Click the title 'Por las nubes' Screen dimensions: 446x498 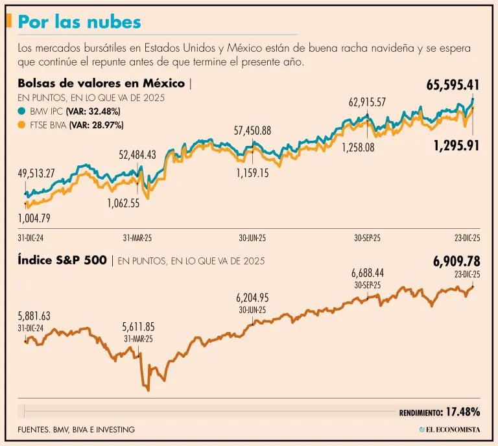pyautogui.click(x=79, y=22)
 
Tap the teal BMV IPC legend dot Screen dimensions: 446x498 pyautogui.click(x=23, y=111)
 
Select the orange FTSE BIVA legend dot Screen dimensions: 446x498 pyautogui.click(x=23, y=124)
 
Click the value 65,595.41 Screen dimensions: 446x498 pyautogui.click(x=453, y=85)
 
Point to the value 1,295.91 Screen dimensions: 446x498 pyautogui.click(x=456, y=146)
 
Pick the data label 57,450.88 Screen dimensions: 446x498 pyautogui.click(x=252, y=131)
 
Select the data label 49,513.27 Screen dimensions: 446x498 pyautogui.click(x=45, y=174)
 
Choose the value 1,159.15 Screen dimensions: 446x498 pyautogui.click(x=252, y=174)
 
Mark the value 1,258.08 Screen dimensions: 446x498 pyautogui.click(x=358, y=147)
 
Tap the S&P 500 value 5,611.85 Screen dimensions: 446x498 pyautogui.click(x=138, y=327)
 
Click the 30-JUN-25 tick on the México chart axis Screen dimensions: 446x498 pyautogui.click(x=252, y=238)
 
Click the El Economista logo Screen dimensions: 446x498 pyautogui.click(x=449, y=429)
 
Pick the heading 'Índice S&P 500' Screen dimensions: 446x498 pyautogui.click(x=63, y=261)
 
